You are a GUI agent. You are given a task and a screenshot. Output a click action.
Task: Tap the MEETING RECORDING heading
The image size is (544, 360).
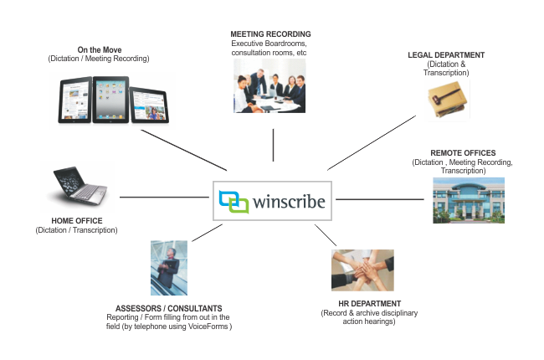(271, 34)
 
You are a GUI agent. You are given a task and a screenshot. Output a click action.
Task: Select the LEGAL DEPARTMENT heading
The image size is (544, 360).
(447, 55)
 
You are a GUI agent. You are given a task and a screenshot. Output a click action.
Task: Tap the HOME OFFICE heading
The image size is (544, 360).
(76, 221)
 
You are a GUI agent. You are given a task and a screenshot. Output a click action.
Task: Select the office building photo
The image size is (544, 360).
(468, 199)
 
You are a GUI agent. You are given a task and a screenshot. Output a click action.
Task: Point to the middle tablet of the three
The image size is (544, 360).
(108, 100)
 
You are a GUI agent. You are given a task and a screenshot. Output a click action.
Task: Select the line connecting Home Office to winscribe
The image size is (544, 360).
(163, 198)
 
